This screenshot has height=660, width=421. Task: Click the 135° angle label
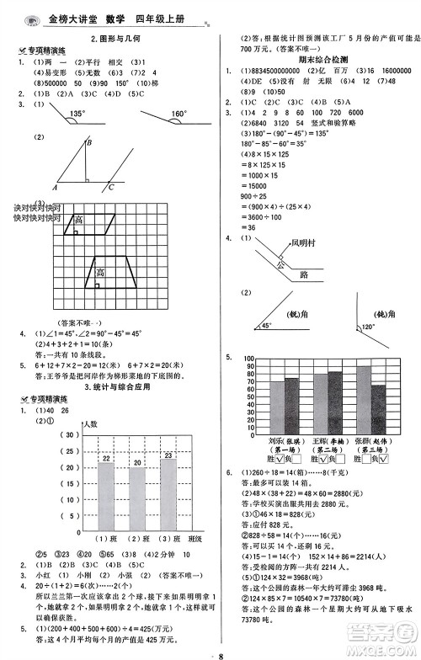tap(77, 114)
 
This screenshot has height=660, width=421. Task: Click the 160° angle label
tap(178, 114)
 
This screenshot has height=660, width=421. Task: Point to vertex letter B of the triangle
tap(90, 144)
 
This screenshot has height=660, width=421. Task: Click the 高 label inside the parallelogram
tap(78, 221)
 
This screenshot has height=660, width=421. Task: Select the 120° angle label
tap(367, 326)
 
